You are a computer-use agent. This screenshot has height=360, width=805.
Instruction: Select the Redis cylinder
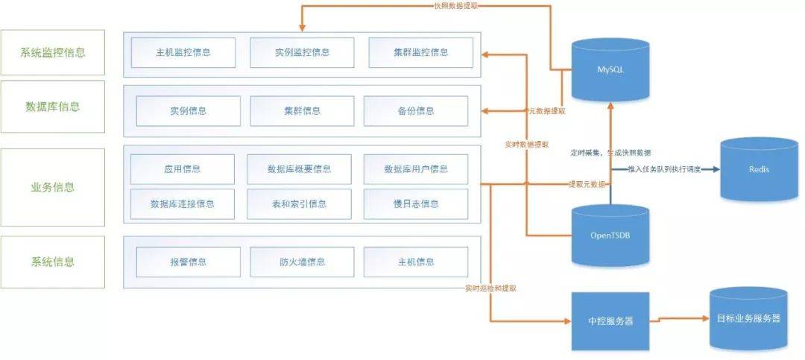pyautogui.click(x=758, y=169)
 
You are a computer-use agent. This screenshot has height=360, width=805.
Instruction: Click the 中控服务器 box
pyautogui.click(x=610, y=321)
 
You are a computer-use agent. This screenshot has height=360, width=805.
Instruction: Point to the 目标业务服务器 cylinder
pyautogui.click(x=748, y=318)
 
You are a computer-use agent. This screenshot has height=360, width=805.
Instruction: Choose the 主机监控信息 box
pyautogui.click(x=183, y=52)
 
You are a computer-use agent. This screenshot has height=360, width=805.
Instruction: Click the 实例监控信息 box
pyautogui.click(x=301, y=52)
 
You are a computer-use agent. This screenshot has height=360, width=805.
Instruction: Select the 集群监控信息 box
pyautogui.click(x=421, y=52)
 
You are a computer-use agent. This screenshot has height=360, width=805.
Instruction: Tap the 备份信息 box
pyautogui.click(x=416, y=111)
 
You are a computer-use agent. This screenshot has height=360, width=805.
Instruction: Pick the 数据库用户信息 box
pyautogui.click(x=416, y=169)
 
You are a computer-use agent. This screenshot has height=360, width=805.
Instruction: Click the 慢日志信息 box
pyautogui.click(x=416, y=203)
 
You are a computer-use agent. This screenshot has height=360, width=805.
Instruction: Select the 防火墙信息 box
pyautogui.click(x=301, y=262)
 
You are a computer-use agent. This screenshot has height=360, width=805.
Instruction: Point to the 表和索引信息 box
pyautogui.click(x=300, y=203)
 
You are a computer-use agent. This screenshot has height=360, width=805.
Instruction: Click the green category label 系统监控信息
pyautogui.click(x=53, y=52)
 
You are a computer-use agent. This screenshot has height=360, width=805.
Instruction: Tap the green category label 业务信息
pyautogui.click(x=53, y=186)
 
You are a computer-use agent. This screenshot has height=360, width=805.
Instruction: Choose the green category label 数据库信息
pyautogui.click(x=53, y=107)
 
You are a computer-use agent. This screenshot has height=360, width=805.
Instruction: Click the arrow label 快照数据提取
pyautogui.click(x=456, y=6)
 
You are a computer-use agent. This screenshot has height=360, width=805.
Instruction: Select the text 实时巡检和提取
pyautogui.click(x=490, y=288)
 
